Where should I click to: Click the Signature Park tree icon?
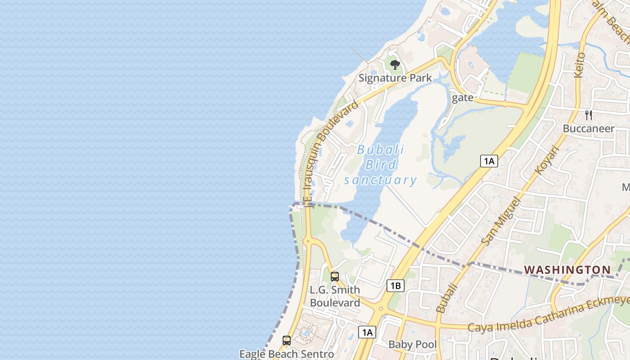pos(395,65)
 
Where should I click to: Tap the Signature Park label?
pos(395,78)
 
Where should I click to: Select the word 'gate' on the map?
pos(462,98)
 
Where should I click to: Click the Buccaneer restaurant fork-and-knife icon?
pos(589,115)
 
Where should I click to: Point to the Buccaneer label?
pos(589,129)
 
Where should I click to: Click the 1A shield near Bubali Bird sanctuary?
pos(489,161)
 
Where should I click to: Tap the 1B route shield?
pos(395,285)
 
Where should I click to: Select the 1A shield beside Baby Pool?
pos(367,332)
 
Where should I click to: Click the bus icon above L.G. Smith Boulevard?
pos(335,276)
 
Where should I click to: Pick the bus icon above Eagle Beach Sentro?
pos(287,340)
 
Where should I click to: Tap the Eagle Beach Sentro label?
pos(287,354)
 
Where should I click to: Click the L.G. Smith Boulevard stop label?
pos(335,296)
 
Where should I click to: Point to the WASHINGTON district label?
pos(567,270)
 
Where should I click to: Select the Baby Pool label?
pos(413,345)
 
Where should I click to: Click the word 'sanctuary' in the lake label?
pos(381,180)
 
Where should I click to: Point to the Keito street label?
pos(580,65)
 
